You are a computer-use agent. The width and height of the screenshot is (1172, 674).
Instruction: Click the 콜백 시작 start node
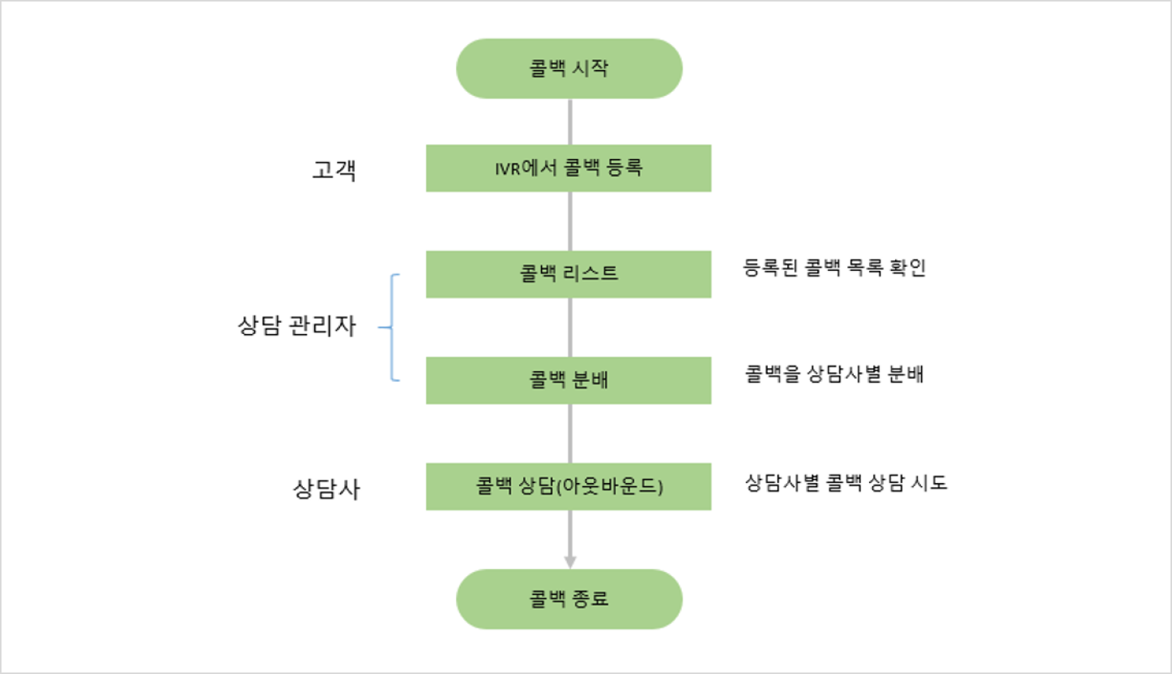568,68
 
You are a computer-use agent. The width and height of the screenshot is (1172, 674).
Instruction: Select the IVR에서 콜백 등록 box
568,168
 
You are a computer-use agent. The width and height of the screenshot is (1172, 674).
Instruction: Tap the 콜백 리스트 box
568,274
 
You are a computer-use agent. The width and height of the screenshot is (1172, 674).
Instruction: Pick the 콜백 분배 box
568,380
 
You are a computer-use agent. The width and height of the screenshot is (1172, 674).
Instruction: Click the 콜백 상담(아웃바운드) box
568,486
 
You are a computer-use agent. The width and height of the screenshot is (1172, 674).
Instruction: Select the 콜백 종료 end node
568,599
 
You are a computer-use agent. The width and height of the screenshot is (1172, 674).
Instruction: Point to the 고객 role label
334,170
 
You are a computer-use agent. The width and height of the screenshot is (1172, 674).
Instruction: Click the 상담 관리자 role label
297,326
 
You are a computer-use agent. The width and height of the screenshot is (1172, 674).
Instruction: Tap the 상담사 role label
326,488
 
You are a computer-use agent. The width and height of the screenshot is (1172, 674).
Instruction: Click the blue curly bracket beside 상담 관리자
392,327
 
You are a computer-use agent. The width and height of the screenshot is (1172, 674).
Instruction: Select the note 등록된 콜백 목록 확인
834,268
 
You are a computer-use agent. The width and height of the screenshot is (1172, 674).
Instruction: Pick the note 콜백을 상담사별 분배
834,374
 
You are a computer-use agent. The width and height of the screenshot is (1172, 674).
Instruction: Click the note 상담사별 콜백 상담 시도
846,483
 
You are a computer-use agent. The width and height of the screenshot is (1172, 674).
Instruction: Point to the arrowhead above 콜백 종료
570,562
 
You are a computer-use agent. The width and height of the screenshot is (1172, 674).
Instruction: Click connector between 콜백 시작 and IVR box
570,122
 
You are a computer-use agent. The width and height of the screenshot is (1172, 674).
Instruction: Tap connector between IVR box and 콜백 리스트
570,221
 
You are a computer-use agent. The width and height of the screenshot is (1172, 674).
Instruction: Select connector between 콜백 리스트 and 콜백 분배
570,327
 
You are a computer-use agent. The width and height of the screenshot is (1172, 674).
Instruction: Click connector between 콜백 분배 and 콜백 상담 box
570,434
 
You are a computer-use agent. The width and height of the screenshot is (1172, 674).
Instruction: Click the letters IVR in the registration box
508,169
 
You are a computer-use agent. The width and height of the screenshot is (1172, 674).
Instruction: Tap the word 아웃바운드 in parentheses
610,486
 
